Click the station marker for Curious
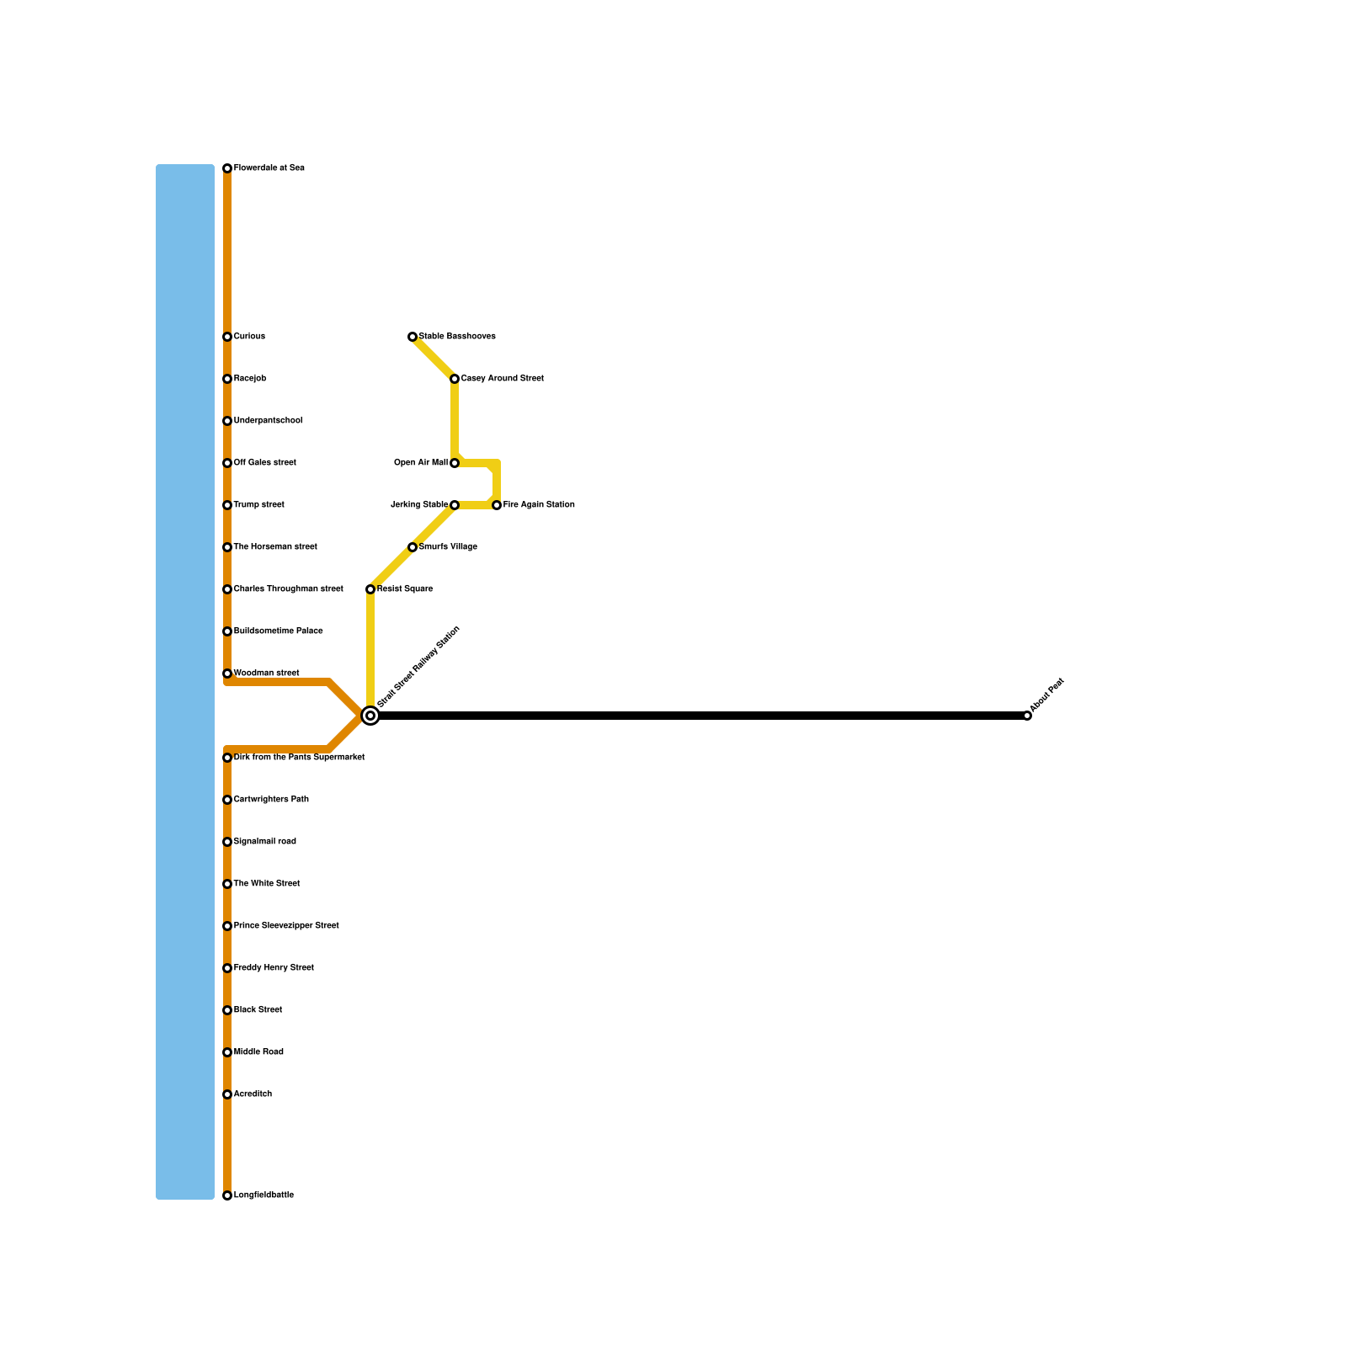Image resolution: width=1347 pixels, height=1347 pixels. click(227, 337)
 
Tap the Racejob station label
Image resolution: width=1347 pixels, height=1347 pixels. click(249, 379)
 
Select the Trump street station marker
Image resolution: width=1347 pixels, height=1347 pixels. click(227, 505)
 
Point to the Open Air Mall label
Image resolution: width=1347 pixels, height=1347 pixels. click(420, 463)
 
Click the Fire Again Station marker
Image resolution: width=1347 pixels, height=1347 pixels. click(497, 505)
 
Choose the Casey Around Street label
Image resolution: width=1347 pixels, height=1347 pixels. click(502, 379)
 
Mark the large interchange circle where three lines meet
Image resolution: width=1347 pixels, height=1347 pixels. click(370, 716)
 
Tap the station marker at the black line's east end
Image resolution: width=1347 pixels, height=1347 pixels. click(1027, 716)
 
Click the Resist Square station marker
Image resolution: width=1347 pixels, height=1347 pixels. click(370, 589)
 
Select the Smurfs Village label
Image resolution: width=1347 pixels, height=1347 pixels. click(448, 547)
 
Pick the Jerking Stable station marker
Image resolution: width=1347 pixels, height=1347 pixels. click(455, 505)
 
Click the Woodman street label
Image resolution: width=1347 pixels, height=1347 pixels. click(266, 673)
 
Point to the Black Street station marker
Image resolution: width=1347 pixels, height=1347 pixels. click(227, 1010)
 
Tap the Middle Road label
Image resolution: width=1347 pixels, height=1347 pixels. click(258, 1052)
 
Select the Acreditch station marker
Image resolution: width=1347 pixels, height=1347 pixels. click(227, 1094)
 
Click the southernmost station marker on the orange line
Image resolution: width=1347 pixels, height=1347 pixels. click(227, 1195)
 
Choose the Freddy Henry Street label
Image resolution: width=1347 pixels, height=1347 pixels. click(274, 968)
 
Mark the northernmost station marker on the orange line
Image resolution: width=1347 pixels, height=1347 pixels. click(227, 168)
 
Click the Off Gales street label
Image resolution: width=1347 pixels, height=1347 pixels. click(264, 463)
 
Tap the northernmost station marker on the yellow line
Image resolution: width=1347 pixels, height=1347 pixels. click(413, 337)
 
